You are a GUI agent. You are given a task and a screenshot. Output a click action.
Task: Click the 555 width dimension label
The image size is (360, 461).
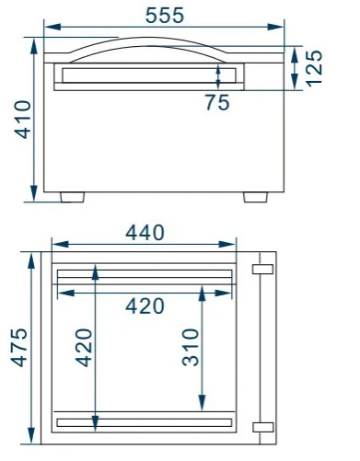tap(165, 16)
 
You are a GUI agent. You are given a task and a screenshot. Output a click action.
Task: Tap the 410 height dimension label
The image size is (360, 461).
tap(23, 120)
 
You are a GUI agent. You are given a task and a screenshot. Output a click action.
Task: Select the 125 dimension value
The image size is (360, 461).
tap(314, 68)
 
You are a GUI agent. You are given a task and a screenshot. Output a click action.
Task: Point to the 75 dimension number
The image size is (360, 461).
tap(217, 102)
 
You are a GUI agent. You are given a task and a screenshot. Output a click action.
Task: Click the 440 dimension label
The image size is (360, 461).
tap(145, 233)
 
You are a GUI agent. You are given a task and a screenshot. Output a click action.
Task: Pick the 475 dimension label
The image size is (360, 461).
tap(19, 348)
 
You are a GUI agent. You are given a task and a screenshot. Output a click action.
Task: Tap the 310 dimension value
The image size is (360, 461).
tap(191, 347)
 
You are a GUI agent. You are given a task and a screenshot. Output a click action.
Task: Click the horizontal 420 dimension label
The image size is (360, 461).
tap(145, 306)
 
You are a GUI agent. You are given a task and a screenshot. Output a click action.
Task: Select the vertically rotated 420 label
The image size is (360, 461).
tap(84, 348)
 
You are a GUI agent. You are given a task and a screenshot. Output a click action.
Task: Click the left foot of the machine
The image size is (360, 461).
tap(73, 197)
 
